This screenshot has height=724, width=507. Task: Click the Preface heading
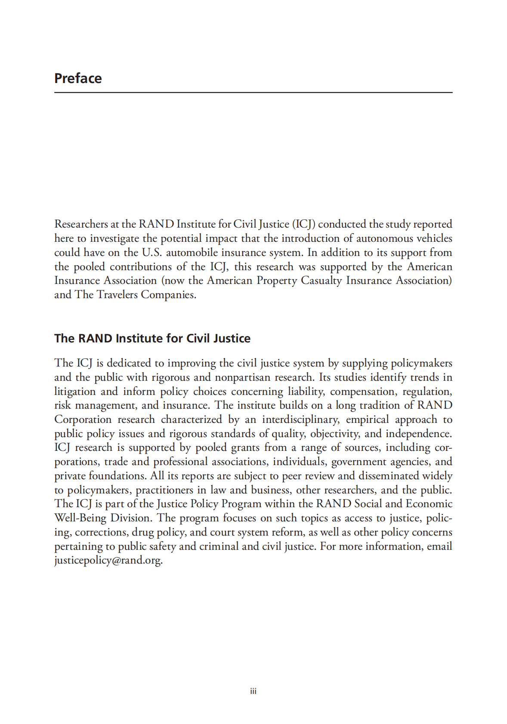(x=78, y=78)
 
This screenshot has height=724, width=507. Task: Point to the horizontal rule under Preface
(x=253, y=92)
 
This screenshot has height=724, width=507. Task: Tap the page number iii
(x=253, y=691)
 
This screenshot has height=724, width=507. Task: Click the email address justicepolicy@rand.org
(x=108, y=561)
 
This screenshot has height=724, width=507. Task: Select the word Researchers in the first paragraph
(x=81, y=224)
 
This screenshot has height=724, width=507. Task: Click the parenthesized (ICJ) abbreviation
(x=304, y=224)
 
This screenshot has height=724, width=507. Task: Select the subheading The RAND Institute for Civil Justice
(x=152, y=339)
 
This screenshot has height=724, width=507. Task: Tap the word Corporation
(x=83, y=419)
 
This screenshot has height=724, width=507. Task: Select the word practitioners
(x=164, y=490)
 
